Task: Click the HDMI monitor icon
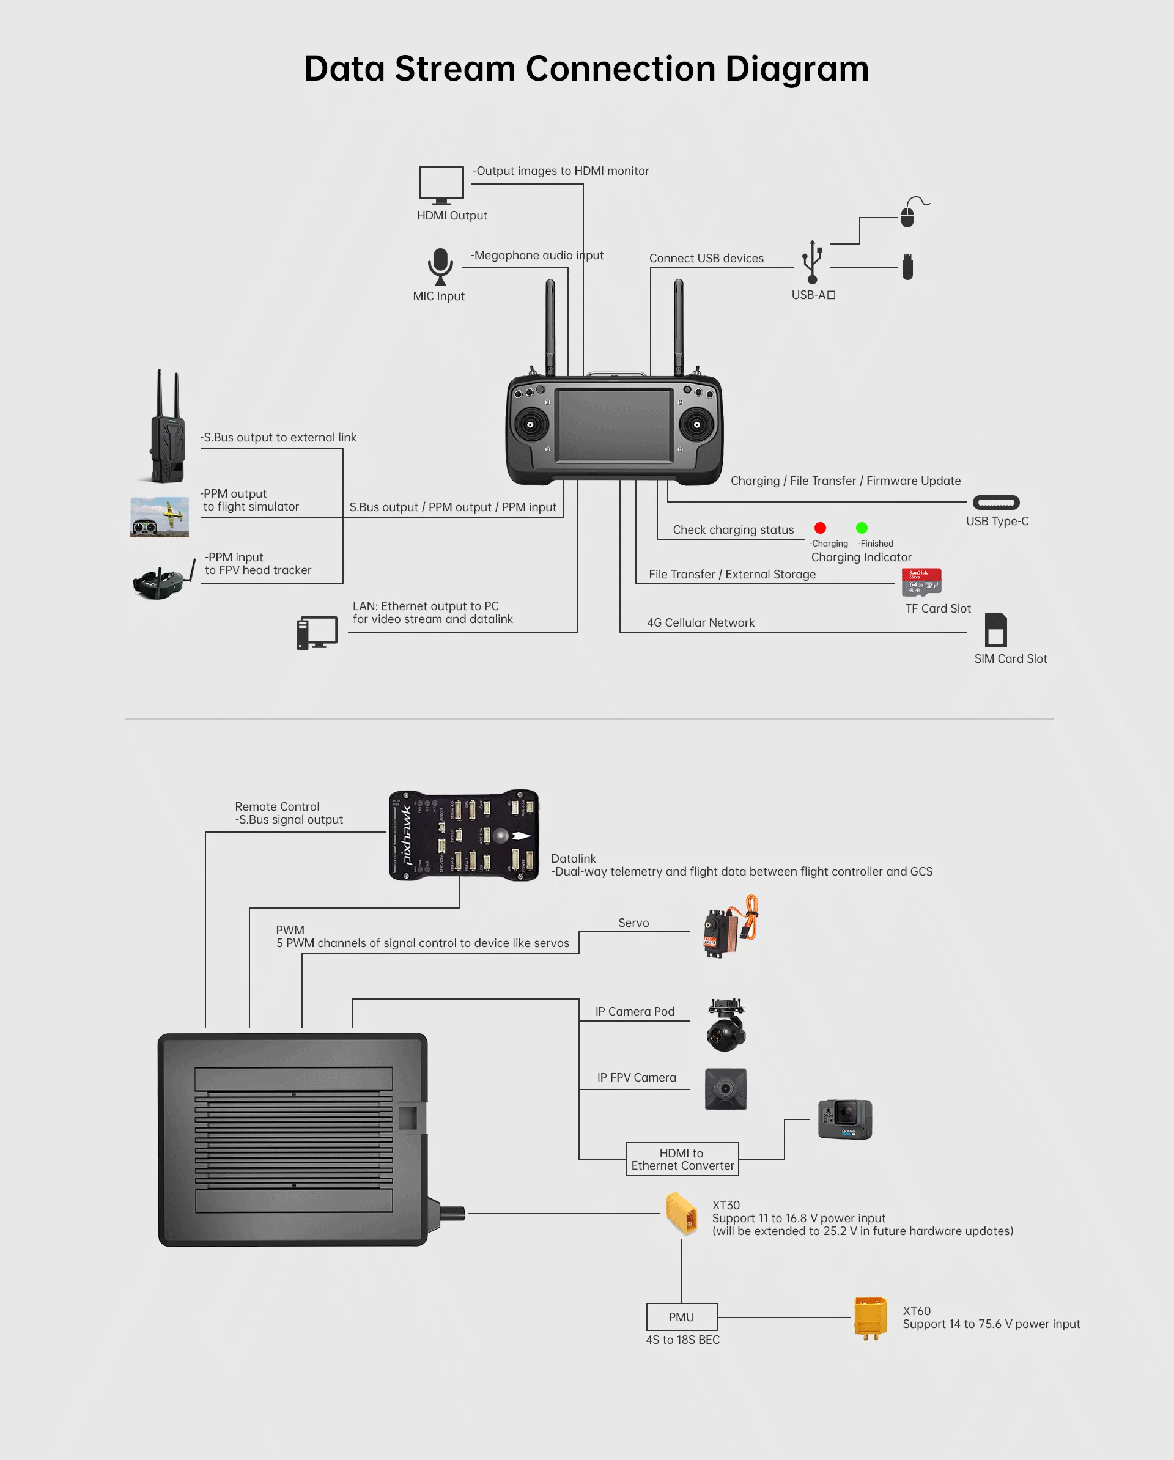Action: (x=441, y=185)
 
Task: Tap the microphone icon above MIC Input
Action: (x=440, y=267)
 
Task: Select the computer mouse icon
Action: (x=908, y=216)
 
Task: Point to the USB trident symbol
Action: (x=811, y=262)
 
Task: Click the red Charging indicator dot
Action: (x=820, y=528)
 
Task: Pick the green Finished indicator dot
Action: (x=862, y=528)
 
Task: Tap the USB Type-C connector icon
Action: (x=996, y=503)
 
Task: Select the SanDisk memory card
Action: (x=921, y=581)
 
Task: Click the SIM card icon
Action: (x=995, y=630)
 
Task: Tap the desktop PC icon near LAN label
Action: (x=316, y=633)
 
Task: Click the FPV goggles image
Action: (x=161, y=580)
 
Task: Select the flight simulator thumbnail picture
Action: (x=159, y=517)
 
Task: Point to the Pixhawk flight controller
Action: (x=464, y=835)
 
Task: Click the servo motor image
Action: (x=728, y=927)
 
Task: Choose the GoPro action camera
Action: (x=845, y=1119)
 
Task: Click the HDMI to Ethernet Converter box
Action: (x=682, y=1159)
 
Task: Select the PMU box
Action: (x=682, y=1317)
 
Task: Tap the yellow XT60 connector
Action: (x=871, y=1317)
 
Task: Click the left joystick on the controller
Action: (x=530, y=424)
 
